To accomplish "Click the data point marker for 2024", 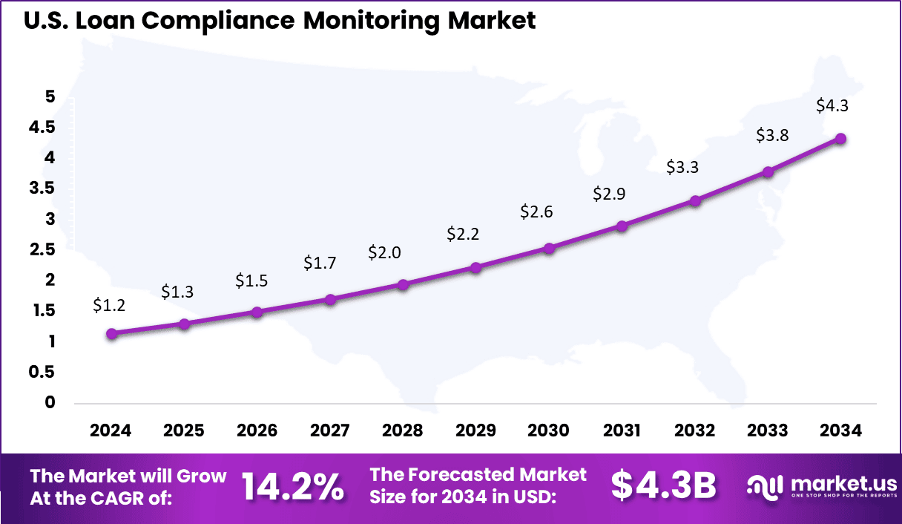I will (111, 334).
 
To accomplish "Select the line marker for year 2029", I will (475, 267).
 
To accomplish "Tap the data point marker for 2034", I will (840, 139).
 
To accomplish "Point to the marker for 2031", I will (622, 226).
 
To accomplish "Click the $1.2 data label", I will (108, 304).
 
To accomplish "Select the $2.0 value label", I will (384, 252).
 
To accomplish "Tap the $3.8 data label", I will (772, 135).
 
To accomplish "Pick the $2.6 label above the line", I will (536, 212).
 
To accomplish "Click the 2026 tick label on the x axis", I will (257, 431).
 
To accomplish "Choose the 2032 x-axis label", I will (694, 431).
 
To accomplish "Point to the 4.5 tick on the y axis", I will (40, 127).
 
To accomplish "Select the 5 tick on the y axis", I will (50, 96).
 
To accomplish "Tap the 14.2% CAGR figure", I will (292, 487).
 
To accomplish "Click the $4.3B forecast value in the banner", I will (663, 486).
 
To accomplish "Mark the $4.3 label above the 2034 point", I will (832, 105).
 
